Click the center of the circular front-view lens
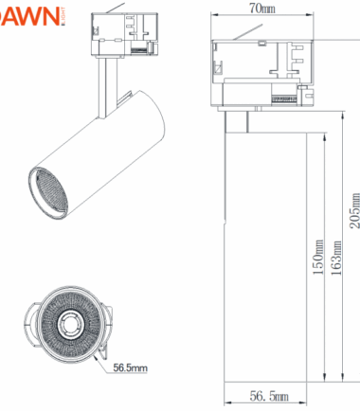pyautogui.click(x=70, y=328)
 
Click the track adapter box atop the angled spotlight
pyautogui.click(x=123, y=36)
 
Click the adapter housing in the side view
pyautogui.click(x=261, y=71)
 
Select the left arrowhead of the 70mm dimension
pyautogui.click(x=213, y=17)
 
